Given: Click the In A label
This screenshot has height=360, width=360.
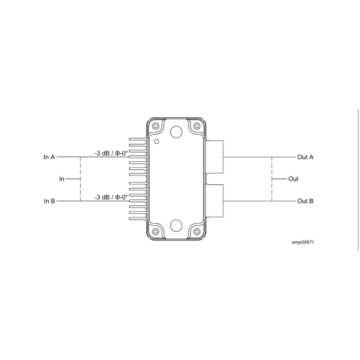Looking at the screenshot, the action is [49, 157].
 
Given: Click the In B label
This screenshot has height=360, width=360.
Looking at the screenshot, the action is [50, 201].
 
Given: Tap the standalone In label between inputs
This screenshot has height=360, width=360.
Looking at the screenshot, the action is [62, 179].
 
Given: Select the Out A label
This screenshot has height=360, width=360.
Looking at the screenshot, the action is [305, 157].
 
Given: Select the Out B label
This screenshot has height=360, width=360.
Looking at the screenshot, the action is [305, 201].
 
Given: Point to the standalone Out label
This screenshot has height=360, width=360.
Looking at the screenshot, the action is [293, 179].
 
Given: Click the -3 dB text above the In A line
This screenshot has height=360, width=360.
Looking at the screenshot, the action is [102, 153].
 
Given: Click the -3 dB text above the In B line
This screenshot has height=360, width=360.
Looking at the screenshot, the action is [102, 197].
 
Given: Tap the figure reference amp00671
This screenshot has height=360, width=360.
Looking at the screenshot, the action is [303, 242].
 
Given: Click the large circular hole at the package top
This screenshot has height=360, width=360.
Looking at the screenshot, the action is [176, 132].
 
